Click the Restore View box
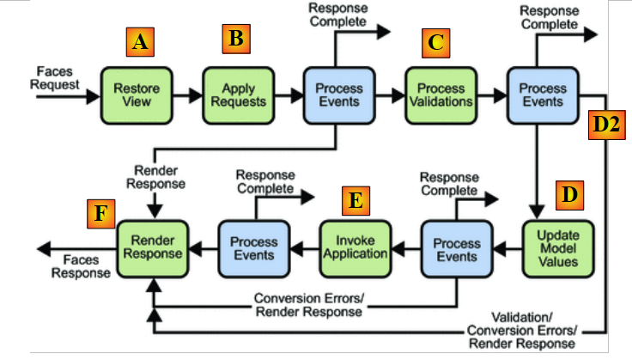click(x=131, y=95)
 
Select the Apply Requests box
click(x=232, y=95)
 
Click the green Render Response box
click(x=151, y=248)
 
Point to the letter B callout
click(x=234, y=37)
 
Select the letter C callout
click(x=435, y=40)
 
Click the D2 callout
click(x=605, y=125)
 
